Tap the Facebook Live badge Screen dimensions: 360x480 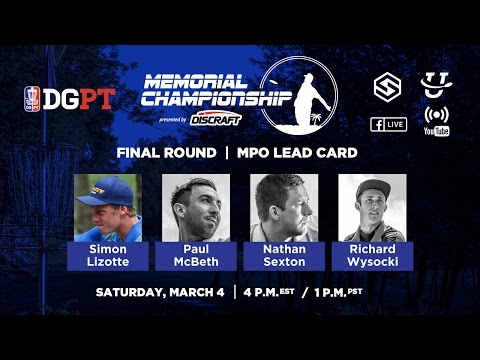[x=389, y=124]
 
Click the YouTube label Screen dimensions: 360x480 [x=436, y=131]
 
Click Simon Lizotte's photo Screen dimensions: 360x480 [x=107, y=206]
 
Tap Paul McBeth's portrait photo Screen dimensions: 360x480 [x=195, y=206]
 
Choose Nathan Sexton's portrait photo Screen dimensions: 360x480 [x=283, y=206]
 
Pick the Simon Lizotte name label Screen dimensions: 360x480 [x=107, y=253]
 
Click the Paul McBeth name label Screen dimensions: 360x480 [x=195, y=253]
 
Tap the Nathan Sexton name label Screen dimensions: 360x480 [x=283, y=253]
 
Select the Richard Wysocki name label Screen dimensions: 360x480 [x=372, y=253]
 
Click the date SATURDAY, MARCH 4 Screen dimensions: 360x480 [x=160, y=293]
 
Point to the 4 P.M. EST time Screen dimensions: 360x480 [x=275, y=293]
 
